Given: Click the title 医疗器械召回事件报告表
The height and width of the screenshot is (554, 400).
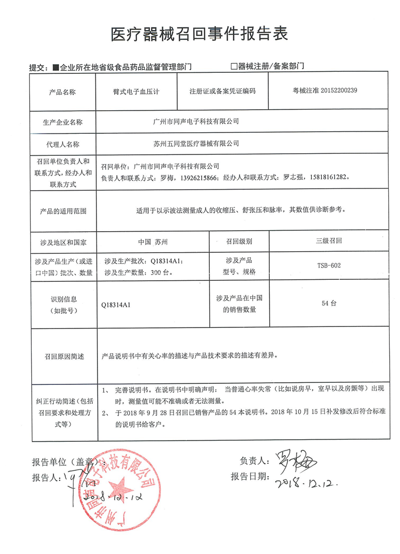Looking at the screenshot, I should pyautogui.click(x=199, y=34).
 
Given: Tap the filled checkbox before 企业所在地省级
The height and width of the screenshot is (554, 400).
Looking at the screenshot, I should pyautogui.click(x=56, y=67).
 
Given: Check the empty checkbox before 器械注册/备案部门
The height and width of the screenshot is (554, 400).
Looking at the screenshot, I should pyautogui.click(x=234, y=66).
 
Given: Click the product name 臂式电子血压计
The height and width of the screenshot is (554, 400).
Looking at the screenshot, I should pyautogui.click(x=136, y=92).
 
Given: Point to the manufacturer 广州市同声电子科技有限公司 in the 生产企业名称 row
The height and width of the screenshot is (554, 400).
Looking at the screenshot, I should pyautogui.click(x=196, y=122).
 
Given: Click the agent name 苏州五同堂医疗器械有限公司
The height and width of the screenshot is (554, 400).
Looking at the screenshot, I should pyautogui.click(x=196, y=143).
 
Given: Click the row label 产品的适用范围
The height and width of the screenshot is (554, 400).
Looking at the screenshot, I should pyautogui.click(x=63, y=211).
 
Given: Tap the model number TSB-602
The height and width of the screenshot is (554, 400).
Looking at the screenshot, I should pyautogui.click(x=329, y=265).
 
